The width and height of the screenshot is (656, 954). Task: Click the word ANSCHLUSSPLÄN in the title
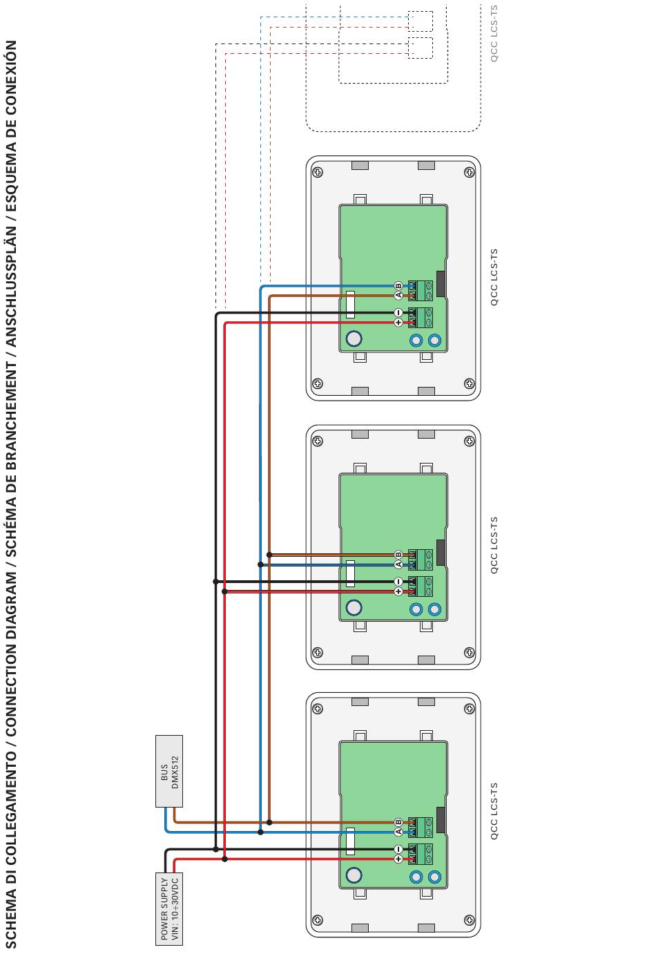point(12,302)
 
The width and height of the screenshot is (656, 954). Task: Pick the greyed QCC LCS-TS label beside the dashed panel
point(494,33)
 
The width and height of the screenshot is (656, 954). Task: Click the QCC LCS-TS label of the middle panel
point(494,546)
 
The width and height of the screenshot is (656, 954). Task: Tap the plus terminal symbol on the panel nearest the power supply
point(398,859)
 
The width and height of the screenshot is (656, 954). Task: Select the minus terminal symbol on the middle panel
point(398,582)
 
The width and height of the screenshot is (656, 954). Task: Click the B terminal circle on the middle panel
point(398,555)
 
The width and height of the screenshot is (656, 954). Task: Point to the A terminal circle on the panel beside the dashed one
point(398,296)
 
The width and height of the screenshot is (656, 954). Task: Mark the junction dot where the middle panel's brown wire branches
point(269,555)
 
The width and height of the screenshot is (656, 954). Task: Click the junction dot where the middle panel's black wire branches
point(216,582)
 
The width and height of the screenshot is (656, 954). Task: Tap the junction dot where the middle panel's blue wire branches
point(260,564)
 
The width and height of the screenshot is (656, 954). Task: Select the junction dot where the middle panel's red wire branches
point(225,591)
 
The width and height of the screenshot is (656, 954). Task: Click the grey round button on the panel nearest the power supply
point(354,875)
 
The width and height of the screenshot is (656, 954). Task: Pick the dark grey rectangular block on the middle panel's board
point(441,551)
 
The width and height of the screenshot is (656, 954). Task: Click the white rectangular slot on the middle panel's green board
point(351,573)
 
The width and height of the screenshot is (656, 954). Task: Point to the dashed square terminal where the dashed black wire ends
point(420,48)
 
